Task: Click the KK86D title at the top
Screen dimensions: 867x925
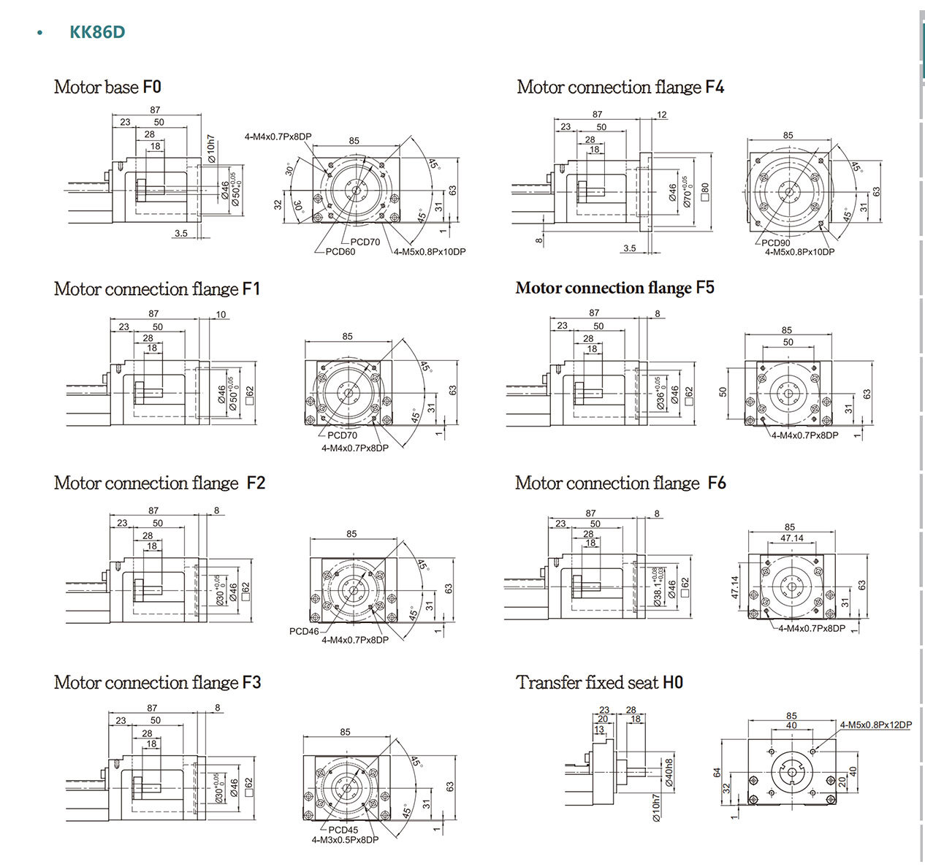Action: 97,32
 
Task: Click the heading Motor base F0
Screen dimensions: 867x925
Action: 107,87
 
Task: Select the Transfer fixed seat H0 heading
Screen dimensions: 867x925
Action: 599,682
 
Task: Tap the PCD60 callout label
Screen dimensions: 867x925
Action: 340,252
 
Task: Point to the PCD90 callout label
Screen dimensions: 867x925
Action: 775,243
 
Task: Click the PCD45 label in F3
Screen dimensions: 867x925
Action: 343,830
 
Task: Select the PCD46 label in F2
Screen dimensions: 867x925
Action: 304,631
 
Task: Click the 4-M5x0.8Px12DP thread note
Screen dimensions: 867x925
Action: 875,725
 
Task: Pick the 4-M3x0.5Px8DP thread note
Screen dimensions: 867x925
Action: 345,840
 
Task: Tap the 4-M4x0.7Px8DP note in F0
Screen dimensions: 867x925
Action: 278,137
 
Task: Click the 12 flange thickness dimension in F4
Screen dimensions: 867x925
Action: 662,115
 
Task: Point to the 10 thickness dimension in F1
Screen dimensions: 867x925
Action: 221,315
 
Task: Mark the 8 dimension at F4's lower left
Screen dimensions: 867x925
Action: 539,240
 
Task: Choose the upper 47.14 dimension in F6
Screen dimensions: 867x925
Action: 791,538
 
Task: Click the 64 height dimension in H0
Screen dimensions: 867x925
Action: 717,772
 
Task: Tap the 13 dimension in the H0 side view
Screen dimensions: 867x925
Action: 599,730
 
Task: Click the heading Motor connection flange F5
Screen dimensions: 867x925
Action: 614,288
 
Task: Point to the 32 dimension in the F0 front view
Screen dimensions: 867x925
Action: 278,205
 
